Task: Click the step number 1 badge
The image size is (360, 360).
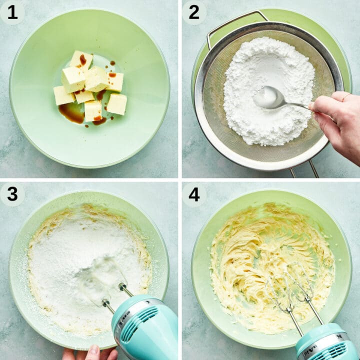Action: [12, 12]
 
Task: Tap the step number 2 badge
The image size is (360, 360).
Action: [194, 12]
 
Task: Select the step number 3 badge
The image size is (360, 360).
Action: [12, 194]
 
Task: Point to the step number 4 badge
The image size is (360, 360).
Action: [194, 194]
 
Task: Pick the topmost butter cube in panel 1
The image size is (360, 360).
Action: [81, 59]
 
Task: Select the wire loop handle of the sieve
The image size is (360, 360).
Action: [235, 22]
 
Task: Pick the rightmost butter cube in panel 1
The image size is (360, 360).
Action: [117, 103]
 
